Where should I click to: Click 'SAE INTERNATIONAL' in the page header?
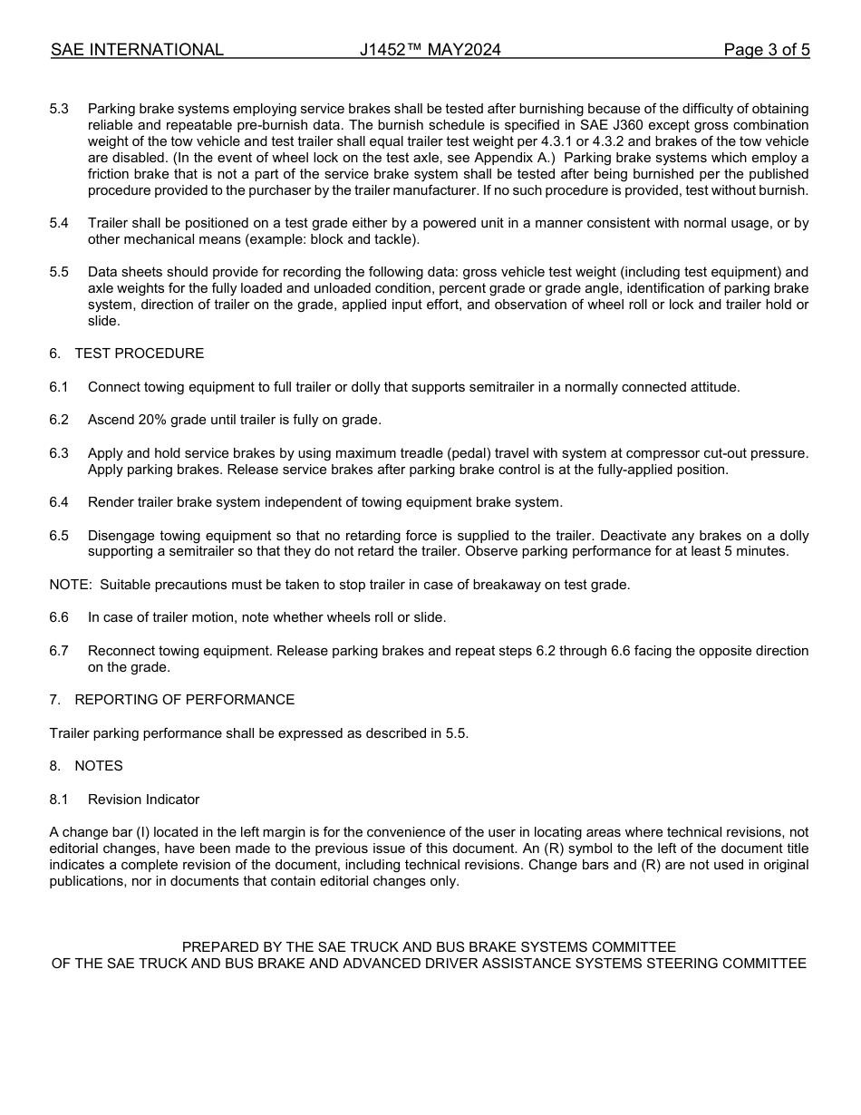[x=137, y=50]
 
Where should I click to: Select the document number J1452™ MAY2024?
[x=430, y=50]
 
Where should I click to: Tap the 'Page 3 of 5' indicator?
[x=766, y=50]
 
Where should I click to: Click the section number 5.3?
[x=59, y=109]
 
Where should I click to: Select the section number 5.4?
[x=59, y=223]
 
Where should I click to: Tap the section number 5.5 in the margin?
[x=59, y=272]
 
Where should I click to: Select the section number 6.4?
[x=59, y=502]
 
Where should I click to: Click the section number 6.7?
[x=59, y=651]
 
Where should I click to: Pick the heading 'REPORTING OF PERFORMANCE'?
[x=184, y=700]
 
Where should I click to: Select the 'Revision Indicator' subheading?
[x=143, y=800]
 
